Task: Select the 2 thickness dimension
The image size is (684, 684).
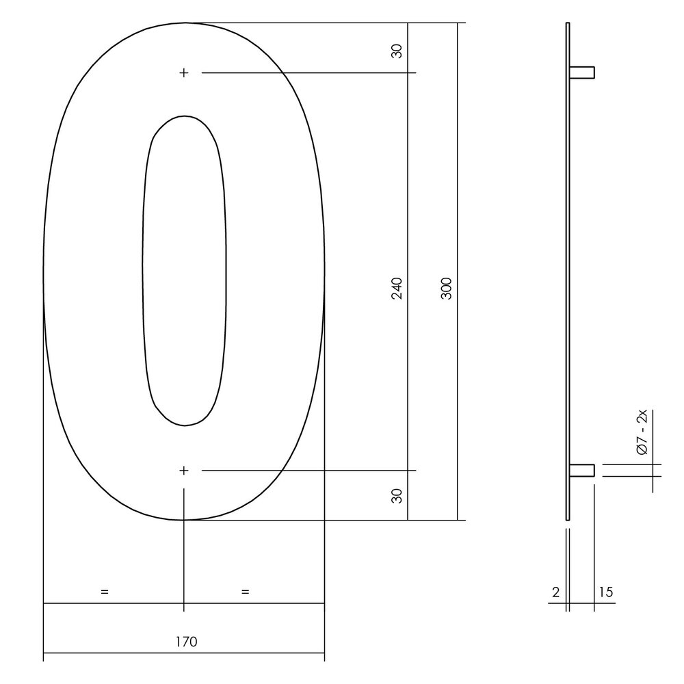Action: (556, 592)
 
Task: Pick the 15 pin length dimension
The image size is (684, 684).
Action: (605, 592)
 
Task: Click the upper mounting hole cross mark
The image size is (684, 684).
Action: (183, 73)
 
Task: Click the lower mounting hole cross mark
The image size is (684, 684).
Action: (183, 471)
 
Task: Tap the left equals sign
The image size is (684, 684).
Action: (104, 592)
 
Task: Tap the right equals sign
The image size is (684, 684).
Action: (246, 592)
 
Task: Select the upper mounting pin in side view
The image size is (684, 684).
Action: (582, 72)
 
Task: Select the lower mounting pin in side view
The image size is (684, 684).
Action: (582, 470)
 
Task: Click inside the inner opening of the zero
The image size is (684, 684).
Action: (184, 274)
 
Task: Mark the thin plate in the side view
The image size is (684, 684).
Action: (568, 274)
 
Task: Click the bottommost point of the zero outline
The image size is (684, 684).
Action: (184, 520)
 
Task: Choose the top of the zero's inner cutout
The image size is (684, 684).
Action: (183, 116)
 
